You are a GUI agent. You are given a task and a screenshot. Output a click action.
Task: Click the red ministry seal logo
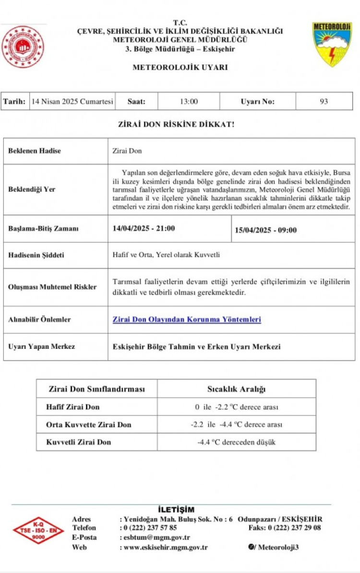click(22, 47)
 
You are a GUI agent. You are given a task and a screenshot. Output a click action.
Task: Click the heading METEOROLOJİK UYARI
click(180, 68)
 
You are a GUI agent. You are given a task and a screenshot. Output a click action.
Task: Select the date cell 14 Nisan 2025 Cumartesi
click(72, 102)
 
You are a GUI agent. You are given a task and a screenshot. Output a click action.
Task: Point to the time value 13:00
click(189, 102)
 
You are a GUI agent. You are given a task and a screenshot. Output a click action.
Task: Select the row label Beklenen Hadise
click(35, 151)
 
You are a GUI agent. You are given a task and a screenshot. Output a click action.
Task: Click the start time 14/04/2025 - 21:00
click(144, 228)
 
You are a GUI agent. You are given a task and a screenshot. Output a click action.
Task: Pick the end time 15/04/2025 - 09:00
click(265, 230)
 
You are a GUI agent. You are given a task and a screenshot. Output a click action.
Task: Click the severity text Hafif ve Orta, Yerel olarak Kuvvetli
click(166, 255)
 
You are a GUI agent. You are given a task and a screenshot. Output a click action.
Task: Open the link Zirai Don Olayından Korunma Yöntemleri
click(187, 319)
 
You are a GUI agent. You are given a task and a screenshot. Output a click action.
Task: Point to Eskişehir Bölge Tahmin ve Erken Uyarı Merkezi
click(196, 346)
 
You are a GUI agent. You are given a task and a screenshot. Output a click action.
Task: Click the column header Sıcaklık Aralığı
click(236, 389)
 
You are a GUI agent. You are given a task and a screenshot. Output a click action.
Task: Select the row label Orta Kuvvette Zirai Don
click(89, 424)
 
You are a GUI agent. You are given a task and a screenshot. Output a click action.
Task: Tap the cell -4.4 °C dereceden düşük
click(237, 442)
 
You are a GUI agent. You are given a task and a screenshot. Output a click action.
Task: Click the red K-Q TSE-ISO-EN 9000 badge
click(38, 530)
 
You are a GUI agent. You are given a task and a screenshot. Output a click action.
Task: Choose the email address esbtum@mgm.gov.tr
click(156, 537)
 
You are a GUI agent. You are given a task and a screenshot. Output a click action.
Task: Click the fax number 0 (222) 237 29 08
click(294, 528)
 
